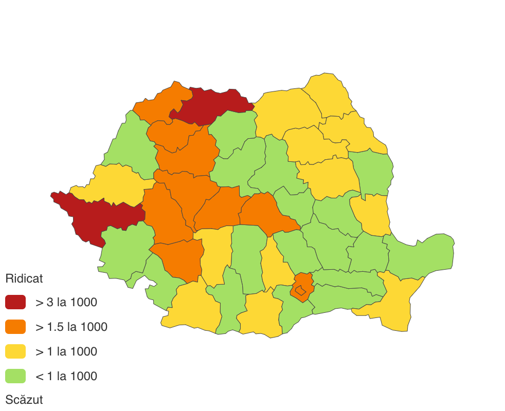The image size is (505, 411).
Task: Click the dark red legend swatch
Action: pyautogui.click(x=15, y=302)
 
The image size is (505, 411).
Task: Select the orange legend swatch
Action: pyautogui.click(x=15, y=327)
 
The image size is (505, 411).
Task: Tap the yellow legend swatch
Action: pyautogui.click(x=15, y=351)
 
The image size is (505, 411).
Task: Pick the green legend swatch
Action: pyautogui.click(x=15, y=376)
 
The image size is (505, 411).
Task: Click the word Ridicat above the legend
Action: pyautogui.click(x=24, y=278)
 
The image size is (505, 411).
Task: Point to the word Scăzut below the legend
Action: pyautogui.click(x=24, y=400)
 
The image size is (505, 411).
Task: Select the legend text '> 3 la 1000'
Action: pyautogui.click(x=66, y=302)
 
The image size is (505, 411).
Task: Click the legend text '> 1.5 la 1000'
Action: pyautogui.click(x=71, y=327)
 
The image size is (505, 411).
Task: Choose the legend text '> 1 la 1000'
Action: pyautogui.click(x=66, y=351)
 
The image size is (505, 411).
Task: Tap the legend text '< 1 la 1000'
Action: pyautogui.click(x=66, y=376)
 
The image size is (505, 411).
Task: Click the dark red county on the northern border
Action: pyautogui.click(x=211, y=105)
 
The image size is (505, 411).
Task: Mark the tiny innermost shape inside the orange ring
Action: pyautogui.click(x=301, y=291)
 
